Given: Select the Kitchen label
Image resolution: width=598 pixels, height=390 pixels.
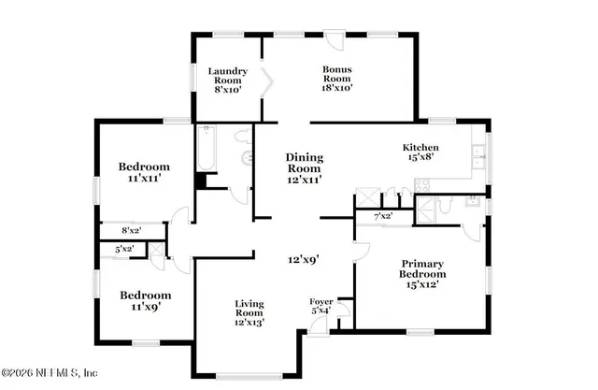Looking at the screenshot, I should coord(420,152).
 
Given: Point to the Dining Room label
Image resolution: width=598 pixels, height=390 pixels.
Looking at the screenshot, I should coord(304,167).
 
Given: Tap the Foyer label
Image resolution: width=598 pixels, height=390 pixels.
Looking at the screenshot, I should coord(321,306).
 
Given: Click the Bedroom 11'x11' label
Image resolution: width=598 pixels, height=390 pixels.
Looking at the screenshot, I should coord(143,172).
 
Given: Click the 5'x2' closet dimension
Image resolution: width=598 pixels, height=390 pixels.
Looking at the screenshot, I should coord(123,250).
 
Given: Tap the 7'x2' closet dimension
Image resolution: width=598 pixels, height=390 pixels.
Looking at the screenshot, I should coord(383,216).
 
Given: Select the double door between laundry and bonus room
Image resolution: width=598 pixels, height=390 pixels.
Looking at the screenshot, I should coord(267,83).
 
